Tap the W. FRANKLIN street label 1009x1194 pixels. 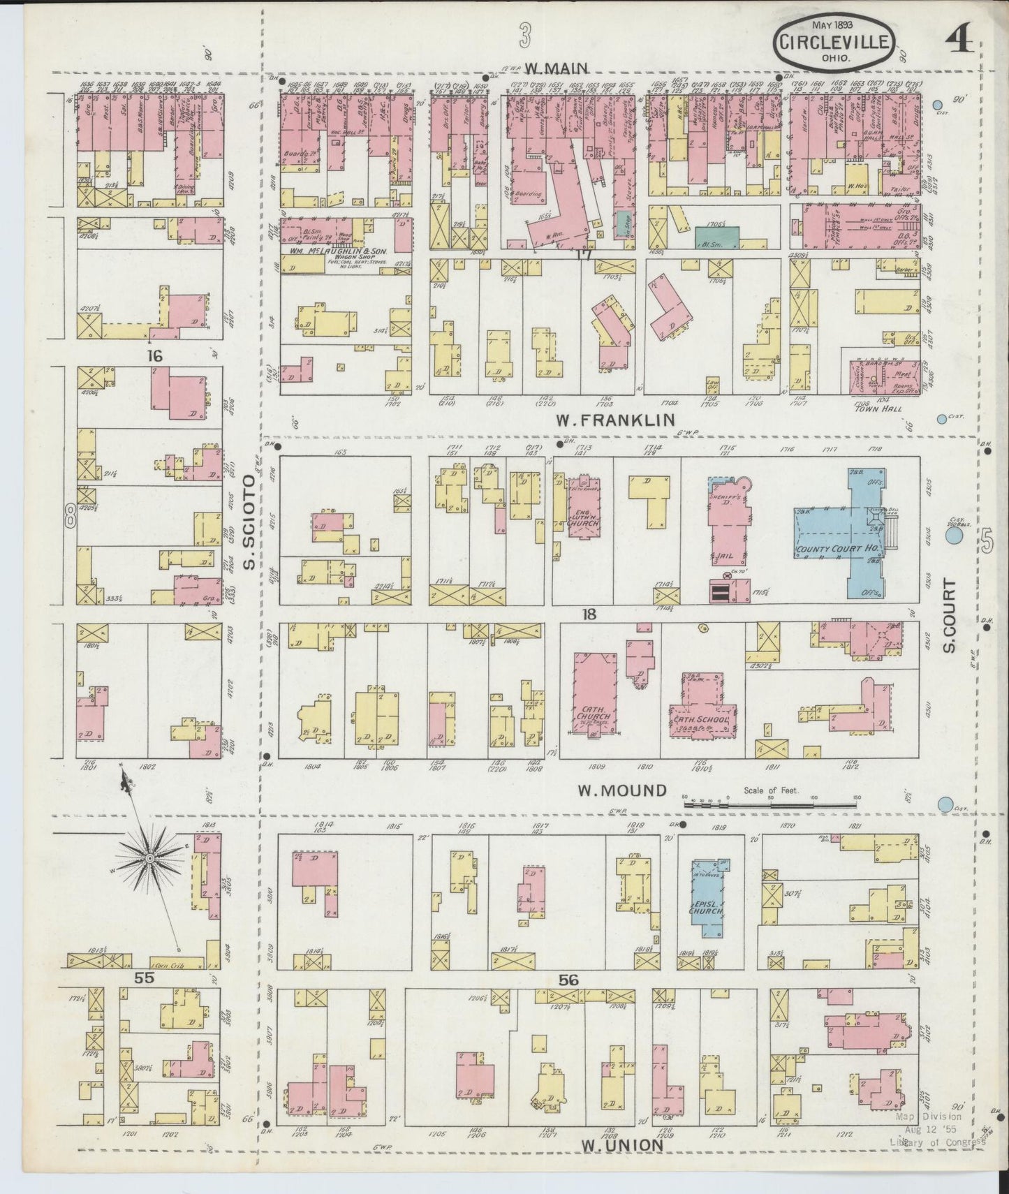(615, 420)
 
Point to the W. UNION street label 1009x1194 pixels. (621, 1146)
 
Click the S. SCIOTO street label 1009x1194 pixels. (250, 523)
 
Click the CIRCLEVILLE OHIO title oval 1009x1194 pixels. (832, 43)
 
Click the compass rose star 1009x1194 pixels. (149, 857)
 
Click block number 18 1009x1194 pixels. (590, 614)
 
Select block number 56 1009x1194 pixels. (569, 980)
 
